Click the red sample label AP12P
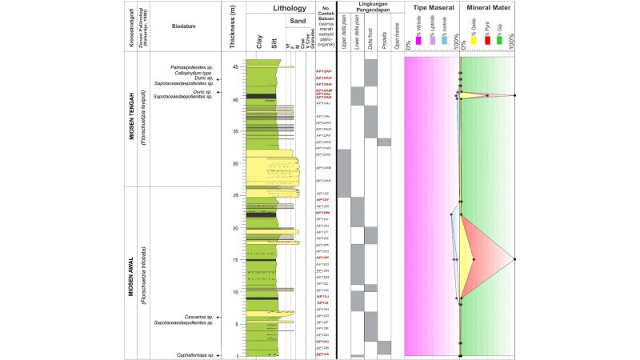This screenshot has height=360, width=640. [x=323, y=258]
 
